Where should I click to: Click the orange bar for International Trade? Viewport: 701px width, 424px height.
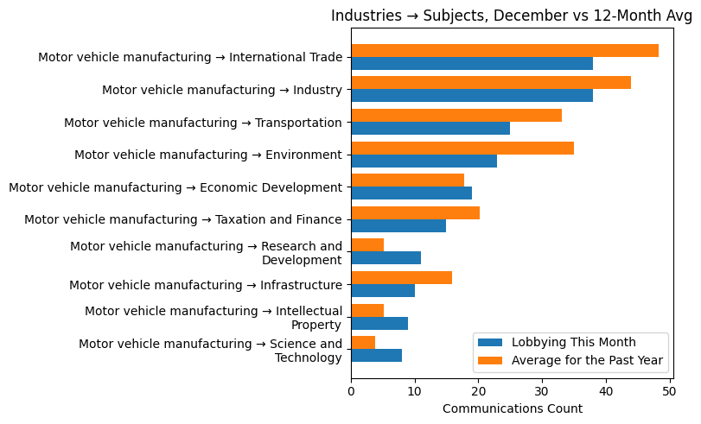(x=505, y=50)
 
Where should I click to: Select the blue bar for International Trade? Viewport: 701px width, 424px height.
(x=472, y=63)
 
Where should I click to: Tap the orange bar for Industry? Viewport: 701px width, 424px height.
(x=491, y=83)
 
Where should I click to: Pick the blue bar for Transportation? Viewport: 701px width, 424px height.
(x=430, y=129)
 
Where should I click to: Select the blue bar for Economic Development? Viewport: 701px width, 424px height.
(x=411, y=193)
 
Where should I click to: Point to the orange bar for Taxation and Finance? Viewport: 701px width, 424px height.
(x=415, y=212)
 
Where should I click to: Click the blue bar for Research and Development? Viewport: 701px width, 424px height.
(x=386, y=258)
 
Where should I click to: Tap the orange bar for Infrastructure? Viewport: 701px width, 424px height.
(x=401, y=277)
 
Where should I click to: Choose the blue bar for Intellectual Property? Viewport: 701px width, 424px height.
(x=379, y=323)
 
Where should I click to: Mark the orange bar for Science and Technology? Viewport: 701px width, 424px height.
(x=363, y=343)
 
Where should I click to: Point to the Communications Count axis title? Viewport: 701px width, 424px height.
(x=512, y=408)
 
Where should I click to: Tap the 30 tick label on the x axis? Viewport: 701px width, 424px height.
(x=542, y=391)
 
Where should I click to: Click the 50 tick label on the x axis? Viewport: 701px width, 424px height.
(x=669, y=391)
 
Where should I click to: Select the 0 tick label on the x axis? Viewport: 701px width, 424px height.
(x=351, y=391)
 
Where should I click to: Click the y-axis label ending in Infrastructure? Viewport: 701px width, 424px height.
(x=206, y=285)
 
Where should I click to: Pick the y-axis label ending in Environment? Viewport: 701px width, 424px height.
(x=208, y=155)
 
